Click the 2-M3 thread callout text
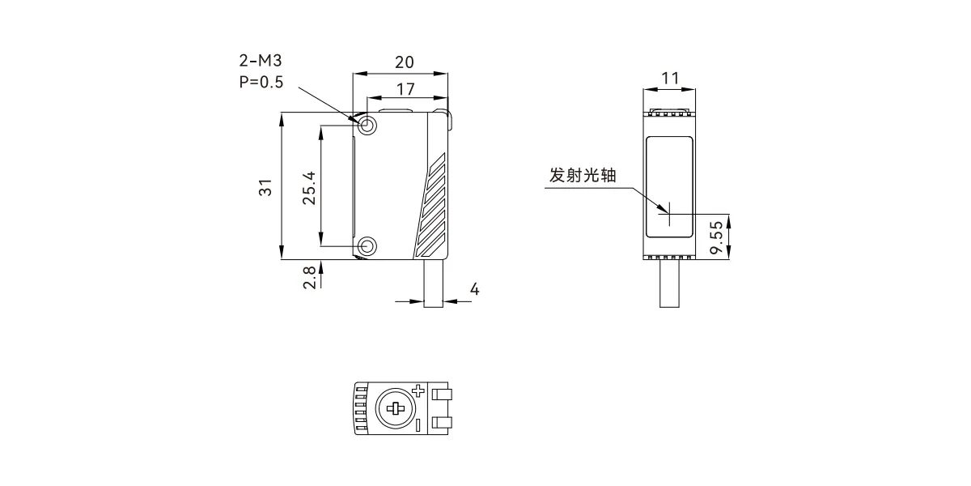click(261, 61)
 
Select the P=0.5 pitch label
click(261, 82)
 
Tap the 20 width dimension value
click(404, 62)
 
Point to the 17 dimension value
click(405, 89)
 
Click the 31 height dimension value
click(265, 187)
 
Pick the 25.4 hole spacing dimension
click(309, 188)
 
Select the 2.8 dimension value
click(309, 277)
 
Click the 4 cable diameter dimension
click(475, 289)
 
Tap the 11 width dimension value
click(670, 79)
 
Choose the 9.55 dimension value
click(717, 237)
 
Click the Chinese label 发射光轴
click(583, 175)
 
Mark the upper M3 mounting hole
click(367, 126)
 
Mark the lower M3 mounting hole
click(367, 246)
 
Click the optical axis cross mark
click(669, 214)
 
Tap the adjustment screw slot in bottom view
click(395, 408)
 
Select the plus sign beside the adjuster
click(418, 390)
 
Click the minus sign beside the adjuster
click(418, 425)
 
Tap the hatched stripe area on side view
click(431, 205)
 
